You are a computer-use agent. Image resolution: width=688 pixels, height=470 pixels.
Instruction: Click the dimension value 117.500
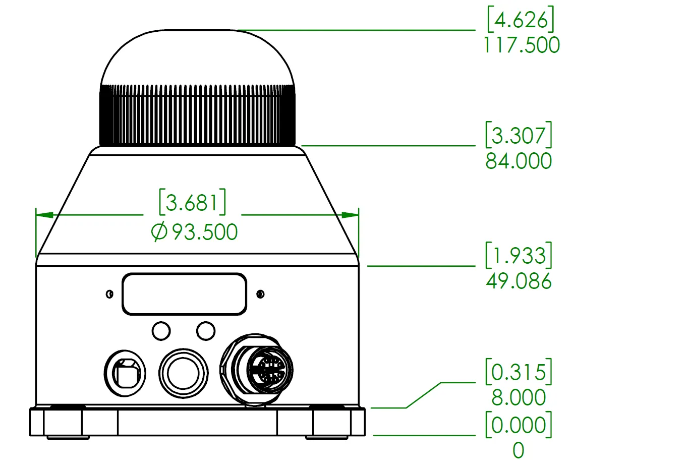tap(522, 45)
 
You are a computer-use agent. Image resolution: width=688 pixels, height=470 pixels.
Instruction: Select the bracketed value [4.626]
tap(521, 19)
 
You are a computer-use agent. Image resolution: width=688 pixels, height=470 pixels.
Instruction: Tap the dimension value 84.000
tap(519, 161)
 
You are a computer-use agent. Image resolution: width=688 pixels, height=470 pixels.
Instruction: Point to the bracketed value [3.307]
tap(519, 135)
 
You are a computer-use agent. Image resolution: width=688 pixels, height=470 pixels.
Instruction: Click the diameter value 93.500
tap(205, 232)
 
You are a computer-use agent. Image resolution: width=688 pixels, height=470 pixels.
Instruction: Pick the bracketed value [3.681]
tap(193, 202)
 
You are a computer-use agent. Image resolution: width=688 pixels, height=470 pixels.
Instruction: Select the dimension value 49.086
tap(519, 281)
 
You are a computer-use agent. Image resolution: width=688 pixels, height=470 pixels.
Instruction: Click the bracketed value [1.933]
tap(519, 255)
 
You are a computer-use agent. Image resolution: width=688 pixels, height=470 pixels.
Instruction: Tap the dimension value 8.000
tap(519, 397)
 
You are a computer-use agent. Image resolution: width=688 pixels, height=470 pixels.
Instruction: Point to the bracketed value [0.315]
tap(519, 372)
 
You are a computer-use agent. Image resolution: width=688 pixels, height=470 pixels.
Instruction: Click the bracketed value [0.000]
tap(519, 425)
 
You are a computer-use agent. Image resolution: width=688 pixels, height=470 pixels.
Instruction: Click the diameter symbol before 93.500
tap(159, 232)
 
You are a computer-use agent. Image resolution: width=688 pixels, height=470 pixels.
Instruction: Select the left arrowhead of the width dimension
tap(44, 215)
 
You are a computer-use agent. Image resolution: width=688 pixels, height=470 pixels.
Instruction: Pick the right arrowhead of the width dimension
tap(350, 215)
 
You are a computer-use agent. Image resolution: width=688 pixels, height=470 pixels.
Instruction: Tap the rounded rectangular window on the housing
tap(184, 294)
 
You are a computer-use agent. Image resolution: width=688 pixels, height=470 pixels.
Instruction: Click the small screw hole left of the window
tap(109, 294)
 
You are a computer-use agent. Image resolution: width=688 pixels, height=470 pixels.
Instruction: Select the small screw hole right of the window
tap(260, 294)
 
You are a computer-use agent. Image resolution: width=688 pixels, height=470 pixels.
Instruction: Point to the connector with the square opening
tap(125, 373)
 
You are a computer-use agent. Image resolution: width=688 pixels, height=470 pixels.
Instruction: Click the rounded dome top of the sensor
tap(198, 57)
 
